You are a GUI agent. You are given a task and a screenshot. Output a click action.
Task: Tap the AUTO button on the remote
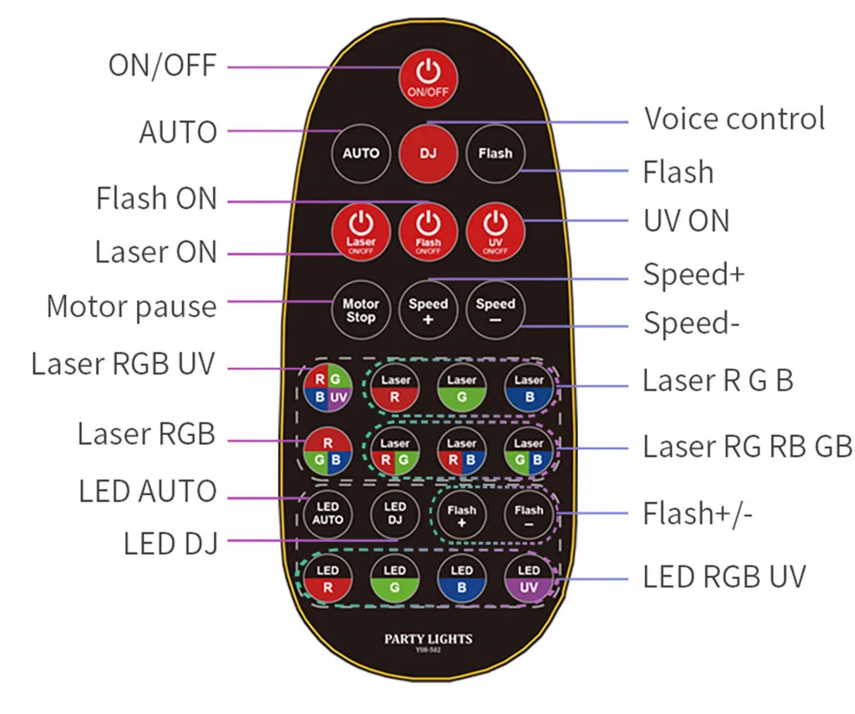(361, 154)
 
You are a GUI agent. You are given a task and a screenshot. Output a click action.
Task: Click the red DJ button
(427, 154)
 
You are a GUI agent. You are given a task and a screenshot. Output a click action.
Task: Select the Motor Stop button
(361, 310)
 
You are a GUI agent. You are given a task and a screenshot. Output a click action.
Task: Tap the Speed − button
(495, 310)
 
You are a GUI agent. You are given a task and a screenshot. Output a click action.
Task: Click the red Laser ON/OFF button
(361, 230)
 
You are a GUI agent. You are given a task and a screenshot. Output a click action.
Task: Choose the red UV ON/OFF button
(495, 230)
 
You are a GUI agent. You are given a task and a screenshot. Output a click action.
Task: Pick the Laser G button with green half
(462, 388)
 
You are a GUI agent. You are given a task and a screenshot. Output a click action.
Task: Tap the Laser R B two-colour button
(462, 452)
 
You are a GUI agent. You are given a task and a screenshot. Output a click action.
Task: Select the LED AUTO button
(327, 513)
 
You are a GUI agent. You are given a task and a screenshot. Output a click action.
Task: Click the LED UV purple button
(528, 579)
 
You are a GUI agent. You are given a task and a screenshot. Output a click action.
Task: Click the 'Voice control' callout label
(734, 119)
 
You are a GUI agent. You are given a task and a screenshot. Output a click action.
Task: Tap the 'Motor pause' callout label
(132, 306)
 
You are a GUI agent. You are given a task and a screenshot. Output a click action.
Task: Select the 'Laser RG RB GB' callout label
(746, 446)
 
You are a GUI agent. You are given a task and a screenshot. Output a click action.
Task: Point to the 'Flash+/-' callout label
(698, 515)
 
